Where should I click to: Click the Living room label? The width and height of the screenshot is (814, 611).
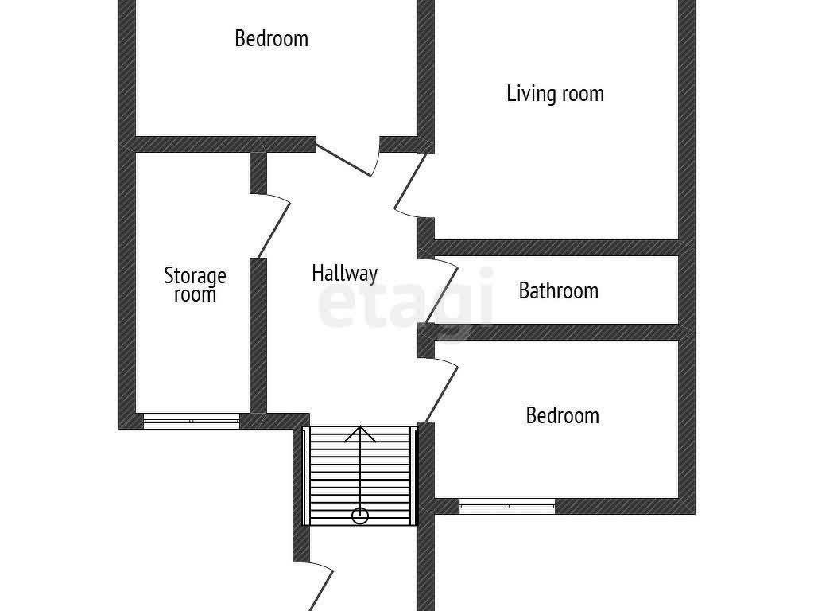coord(555,94)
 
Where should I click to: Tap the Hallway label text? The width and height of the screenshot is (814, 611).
coord(345,274)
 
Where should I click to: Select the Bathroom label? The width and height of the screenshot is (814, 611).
coord(559,290)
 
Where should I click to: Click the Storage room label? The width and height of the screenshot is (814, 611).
coord(196,285)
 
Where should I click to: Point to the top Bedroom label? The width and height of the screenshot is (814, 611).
coord(272,38)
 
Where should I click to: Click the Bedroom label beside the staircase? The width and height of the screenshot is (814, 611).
coord(563,415)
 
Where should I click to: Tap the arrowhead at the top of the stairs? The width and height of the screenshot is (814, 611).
coord(360,434)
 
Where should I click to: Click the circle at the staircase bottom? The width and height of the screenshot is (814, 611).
coord(360,516)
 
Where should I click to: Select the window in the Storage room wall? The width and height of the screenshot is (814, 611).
coord(192,421)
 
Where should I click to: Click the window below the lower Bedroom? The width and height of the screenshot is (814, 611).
coord(507,506)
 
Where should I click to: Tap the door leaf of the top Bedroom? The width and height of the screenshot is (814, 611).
coord(343,159)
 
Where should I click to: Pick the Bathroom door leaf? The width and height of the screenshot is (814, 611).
coord(441,294)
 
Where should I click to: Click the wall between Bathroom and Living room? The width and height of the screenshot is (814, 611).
coord(556,248)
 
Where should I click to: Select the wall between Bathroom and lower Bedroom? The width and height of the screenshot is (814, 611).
coord(556,333)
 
